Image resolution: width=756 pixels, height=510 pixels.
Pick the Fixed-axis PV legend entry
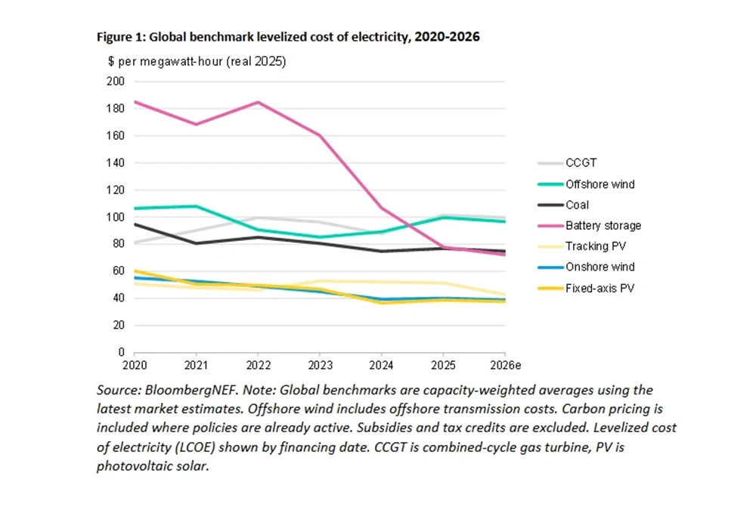coord(597,288)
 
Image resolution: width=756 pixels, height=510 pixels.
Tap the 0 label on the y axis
coord(121,352)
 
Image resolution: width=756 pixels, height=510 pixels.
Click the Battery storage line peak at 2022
coord(258,102)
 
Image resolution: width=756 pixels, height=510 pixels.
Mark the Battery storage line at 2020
coord(135,101)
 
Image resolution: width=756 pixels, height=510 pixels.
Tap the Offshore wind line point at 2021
coord(196,206)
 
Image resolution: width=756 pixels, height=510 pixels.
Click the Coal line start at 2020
coord(135,224)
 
